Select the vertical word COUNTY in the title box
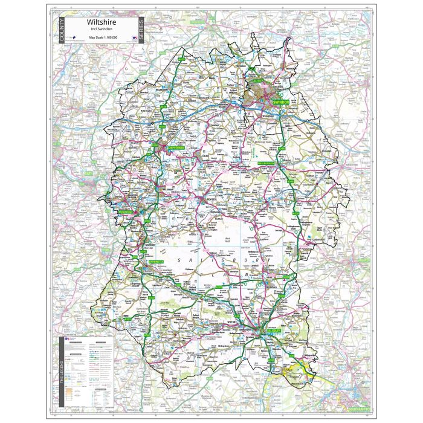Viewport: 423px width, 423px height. point(62,32)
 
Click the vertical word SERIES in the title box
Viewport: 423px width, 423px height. point(141,30)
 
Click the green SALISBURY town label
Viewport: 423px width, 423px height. point(273,332)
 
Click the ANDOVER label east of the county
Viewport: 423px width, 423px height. point(364,260)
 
